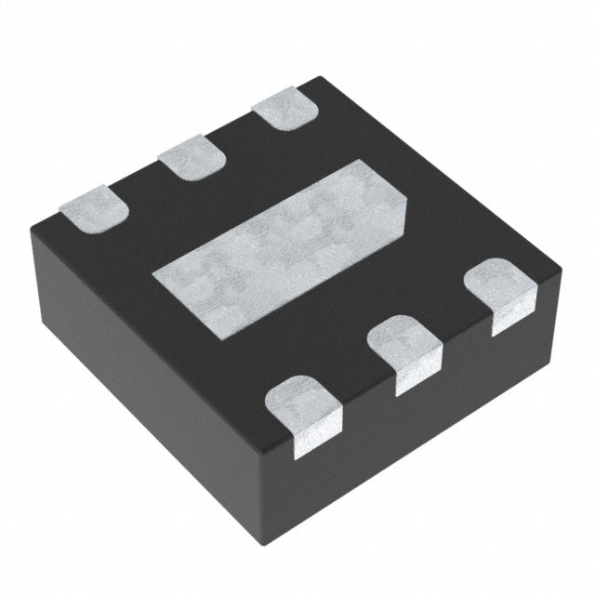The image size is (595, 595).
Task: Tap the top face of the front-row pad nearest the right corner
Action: coord(502,284)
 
